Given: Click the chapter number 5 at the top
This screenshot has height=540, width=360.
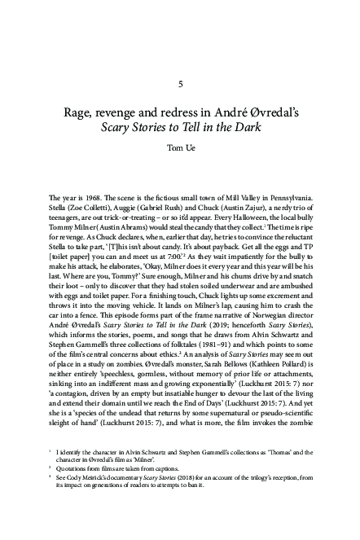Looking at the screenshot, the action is pos(179,84).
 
